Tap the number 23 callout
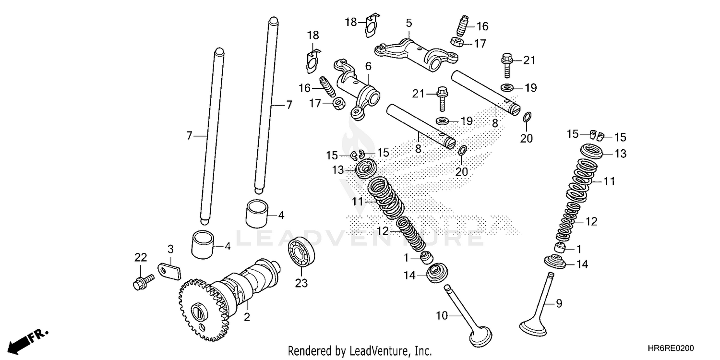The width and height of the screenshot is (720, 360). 301,283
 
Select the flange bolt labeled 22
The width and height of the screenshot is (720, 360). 142,281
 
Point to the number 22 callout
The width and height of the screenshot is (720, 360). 140,257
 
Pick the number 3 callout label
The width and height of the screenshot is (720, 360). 170,248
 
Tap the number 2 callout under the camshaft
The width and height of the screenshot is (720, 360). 247,317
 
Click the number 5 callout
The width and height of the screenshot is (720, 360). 408,23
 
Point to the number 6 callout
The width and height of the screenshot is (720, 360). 368,65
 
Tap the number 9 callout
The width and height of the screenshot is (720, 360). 558,303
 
